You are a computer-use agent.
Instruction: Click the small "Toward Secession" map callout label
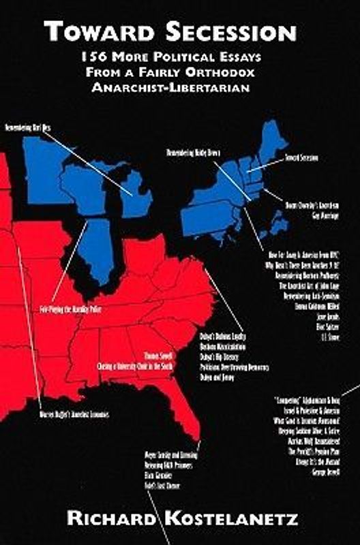(301, 158)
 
